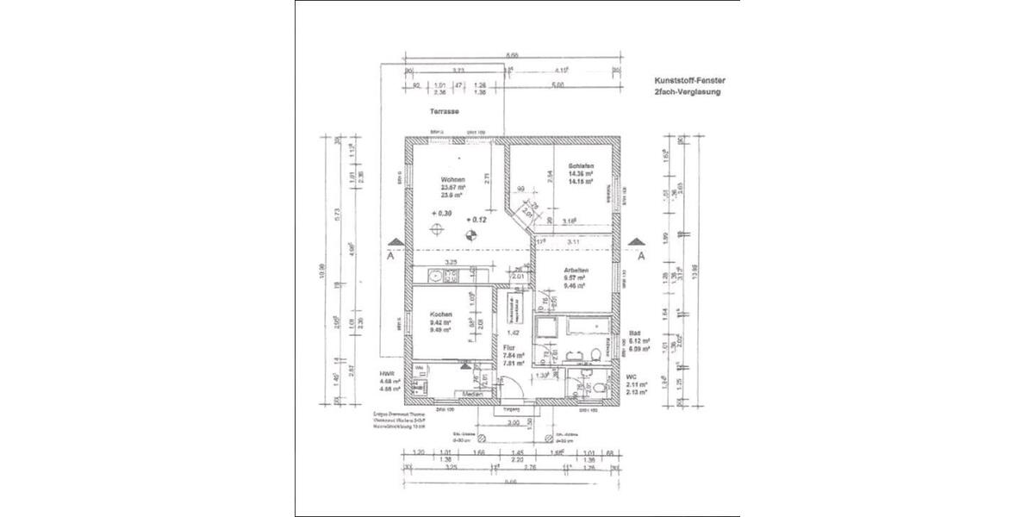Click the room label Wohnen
coord(452,179)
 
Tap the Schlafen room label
coord(578,166)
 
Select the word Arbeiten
coord(576,271)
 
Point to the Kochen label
coord(440,315)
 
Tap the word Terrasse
coord(445,112)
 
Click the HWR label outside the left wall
coord(386,375)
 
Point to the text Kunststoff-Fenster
coord(687,78)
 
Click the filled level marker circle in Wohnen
coord(470,233)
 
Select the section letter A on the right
coord(640,256)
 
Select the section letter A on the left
coord(392,256)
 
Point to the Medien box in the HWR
coord(472,395)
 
